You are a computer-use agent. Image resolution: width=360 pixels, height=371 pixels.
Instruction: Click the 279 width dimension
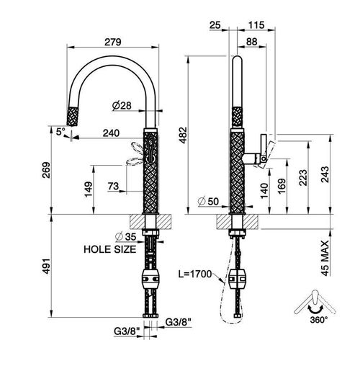click(113, 42)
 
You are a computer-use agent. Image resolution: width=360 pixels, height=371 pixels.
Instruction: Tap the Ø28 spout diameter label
click(122, 105)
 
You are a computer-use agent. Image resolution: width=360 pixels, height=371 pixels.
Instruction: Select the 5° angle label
click(60, 132)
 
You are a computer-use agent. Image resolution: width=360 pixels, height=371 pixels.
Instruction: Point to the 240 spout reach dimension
click(111, 133)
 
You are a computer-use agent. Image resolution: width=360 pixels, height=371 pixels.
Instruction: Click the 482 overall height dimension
click(184, 135)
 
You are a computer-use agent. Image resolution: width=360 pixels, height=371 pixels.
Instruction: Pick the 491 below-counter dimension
click(46, 266)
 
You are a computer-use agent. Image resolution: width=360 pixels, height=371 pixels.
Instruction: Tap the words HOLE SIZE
click(110, 249)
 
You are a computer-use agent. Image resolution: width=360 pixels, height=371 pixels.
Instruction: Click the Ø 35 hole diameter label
click(126, 237)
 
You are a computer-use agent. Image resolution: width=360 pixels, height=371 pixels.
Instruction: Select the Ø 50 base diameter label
click(208, 201)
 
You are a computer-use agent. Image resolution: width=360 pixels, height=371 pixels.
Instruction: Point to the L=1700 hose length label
click(195, 274)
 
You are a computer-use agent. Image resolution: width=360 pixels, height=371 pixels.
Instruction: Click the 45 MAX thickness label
click(325, 259)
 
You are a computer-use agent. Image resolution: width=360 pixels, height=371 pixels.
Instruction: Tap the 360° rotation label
click(319, 320)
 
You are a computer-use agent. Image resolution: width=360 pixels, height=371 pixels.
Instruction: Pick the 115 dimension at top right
click(256, 25)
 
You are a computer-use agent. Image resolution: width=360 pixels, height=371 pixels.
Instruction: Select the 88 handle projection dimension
click(252, 42)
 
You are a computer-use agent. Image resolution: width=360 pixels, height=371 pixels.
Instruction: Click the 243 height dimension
click(325, 174)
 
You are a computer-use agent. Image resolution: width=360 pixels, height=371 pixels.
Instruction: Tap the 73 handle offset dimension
click(113, 186)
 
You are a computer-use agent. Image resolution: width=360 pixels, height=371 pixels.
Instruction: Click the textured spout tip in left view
click(73, 117)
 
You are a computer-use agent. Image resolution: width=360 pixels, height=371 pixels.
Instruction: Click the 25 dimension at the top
click(215, 25)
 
